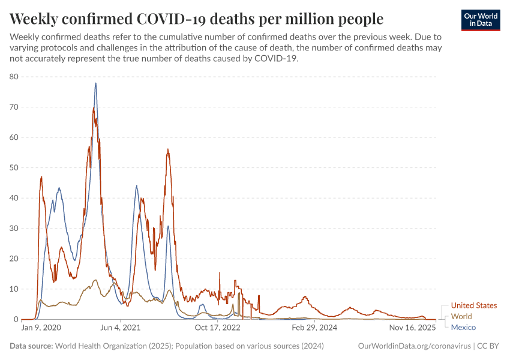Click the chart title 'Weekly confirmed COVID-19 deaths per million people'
click(x=197, y=17)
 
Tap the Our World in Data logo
click(x=481, y=20)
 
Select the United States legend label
click(x=473, y=305)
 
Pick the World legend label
click(x=461, y=316)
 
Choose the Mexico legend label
click(x=463, y=327)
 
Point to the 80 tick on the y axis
click(x=14, y=77)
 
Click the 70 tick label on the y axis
click(x=14, y=107)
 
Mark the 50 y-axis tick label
click(x=14, y=167)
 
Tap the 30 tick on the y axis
click(x=14, y=228)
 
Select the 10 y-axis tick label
click(x=14, y=289)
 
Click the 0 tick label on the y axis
click(x=17, y=319)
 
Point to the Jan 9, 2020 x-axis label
click(x=41, y=328)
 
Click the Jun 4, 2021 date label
click(x=120, y=328)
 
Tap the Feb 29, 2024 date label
click(x=314, y=328)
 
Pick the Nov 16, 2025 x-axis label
click(x=413, y=328)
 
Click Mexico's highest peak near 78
click(x=95, y=83)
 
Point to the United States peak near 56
click(x=168, y=149)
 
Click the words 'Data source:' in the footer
click(x=31, y=346)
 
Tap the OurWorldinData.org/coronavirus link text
click(x=413, y=346)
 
